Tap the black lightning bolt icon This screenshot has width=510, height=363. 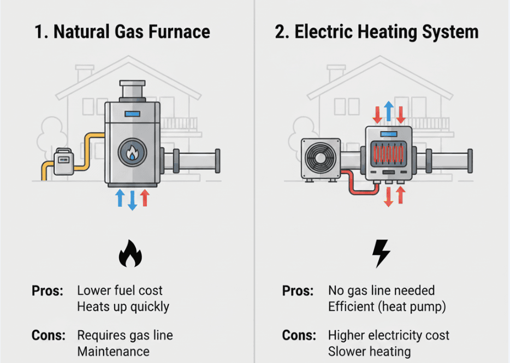(x=381, y=254)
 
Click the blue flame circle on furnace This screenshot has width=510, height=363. (x=132, y=154)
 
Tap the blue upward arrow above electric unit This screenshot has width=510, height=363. (x=389, y=111)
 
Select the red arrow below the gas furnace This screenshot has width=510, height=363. (x=145, y=198)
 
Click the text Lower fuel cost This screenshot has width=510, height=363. (x=120, y=290)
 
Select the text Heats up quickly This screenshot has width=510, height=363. (x=123, y=306)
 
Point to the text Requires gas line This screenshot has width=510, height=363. (x=124, y=335)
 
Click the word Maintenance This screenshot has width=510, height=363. (x=112, y=350)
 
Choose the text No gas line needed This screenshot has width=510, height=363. (x=381, y=290)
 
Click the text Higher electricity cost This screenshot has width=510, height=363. (x=388, y=335)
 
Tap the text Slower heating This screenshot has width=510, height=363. (x=369, y=350)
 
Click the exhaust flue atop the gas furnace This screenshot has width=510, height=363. (x=132, y=91)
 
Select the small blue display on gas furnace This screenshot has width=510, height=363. (x=132, y=114)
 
